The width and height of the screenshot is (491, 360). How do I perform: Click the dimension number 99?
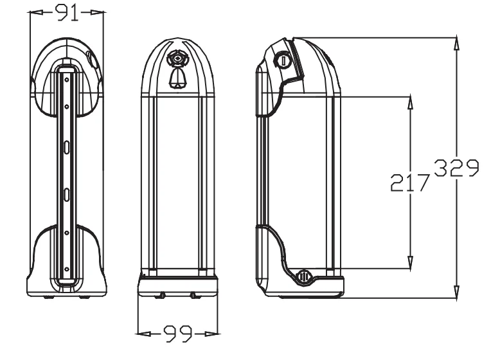coord(178,332)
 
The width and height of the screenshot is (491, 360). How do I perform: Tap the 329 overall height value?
coord(455,169)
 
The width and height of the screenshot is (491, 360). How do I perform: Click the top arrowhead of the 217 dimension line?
coord(410,102)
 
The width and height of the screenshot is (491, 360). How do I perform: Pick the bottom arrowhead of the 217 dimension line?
coord(410,263)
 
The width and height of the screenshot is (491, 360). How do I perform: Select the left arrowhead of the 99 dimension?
coord(144,333)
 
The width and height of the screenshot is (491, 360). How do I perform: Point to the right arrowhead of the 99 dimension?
coord(213,333)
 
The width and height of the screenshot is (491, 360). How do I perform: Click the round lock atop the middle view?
coord(177,59)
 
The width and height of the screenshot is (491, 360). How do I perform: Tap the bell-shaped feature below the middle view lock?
coord(177,78)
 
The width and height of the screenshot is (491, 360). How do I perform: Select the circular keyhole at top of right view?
coord(285,61)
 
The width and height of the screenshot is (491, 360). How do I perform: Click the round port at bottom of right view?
coord(304,277)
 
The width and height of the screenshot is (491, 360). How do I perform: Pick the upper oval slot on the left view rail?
coord(66,146)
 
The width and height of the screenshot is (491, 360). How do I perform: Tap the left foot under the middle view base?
coord(161,296)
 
